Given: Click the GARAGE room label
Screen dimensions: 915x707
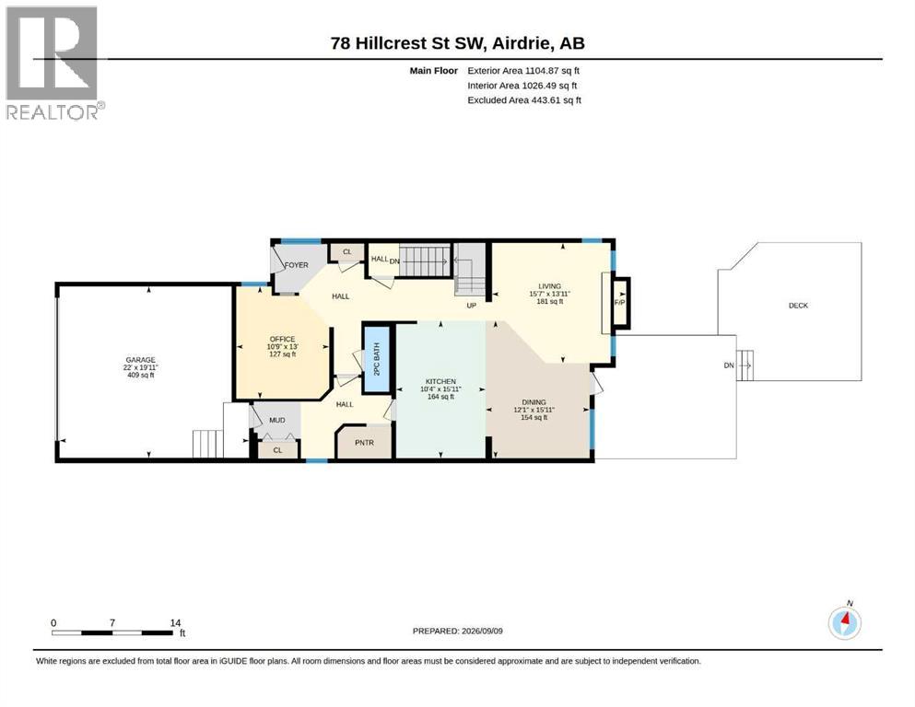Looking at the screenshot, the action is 141,360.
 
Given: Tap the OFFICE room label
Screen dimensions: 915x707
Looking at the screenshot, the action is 283,339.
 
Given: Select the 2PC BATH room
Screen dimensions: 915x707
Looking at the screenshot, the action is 376,359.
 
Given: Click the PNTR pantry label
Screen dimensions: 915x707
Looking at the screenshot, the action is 364,443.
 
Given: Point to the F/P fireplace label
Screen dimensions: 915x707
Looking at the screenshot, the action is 619,303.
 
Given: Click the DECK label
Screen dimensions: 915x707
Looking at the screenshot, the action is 798,306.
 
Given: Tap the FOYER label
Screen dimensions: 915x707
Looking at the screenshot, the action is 297,265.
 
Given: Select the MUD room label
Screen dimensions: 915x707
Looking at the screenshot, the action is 277,420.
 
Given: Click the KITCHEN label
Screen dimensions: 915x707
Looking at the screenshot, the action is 440,382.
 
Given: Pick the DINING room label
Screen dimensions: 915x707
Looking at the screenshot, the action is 534,402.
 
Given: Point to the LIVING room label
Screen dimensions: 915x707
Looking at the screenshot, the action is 550,286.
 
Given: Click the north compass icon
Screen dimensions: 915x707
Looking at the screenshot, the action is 845,622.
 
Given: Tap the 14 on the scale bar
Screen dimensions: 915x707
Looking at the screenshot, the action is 175,622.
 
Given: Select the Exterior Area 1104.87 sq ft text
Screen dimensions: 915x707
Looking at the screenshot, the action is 523,71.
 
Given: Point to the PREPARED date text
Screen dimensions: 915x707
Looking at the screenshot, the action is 457,631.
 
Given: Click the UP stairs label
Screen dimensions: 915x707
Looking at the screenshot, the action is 472,306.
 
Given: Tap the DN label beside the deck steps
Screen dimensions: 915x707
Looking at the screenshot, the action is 729,365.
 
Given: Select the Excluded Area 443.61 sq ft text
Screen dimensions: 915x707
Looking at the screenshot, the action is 524,100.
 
